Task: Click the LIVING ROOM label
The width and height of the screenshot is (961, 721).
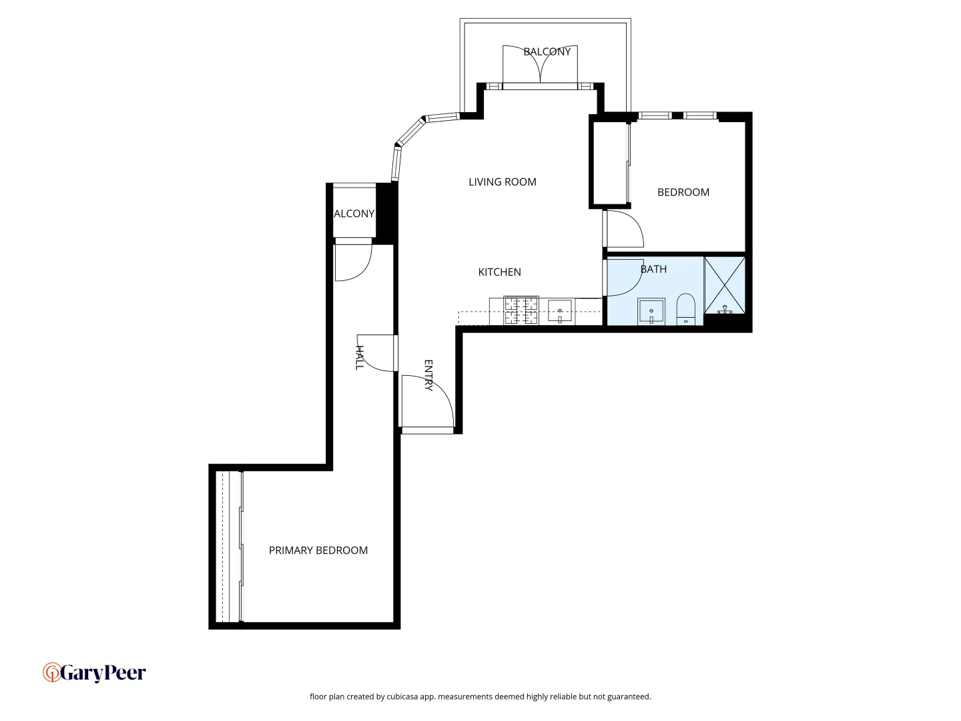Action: tap(502, 182)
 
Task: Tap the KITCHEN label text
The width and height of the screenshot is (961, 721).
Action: tap(499, 272)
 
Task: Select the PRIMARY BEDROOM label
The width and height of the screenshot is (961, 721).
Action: tap(318, 550)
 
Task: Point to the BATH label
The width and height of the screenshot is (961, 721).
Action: tap(653, 269)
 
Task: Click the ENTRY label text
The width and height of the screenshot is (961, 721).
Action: tap(428, 375)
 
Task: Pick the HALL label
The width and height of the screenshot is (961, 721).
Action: tap(359, 358)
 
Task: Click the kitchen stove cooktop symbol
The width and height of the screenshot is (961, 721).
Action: tap(521, 310)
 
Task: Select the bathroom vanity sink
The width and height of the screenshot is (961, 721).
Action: tap(651, 311)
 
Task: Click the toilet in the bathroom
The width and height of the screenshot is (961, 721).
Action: tap(686, 310)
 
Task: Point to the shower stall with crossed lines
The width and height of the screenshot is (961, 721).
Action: tap(725, 285)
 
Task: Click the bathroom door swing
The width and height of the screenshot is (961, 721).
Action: tap(624, 277)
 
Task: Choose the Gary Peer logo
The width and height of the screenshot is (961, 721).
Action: tap(94, 672)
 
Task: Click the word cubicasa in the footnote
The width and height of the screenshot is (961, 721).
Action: tap(402, 696)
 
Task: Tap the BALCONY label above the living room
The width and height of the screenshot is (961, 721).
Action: tap(547, 51)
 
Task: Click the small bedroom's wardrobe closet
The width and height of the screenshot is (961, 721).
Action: tap(609, 163)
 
